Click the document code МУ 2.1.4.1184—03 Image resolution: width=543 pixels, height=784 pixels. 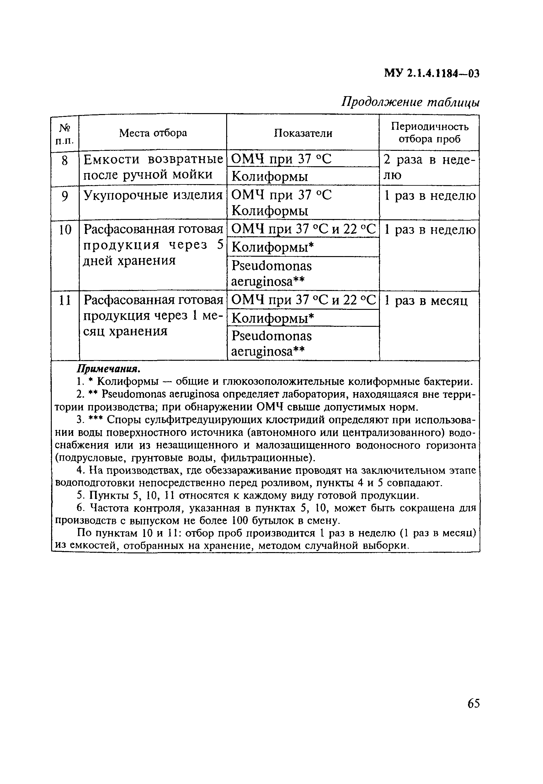click(x=431, y=73)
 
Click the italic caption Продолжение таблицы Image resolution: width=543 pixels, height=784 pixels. click(x=410, y=102)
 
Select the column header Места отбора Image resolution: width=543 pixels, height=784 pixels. click(x=153, y=133)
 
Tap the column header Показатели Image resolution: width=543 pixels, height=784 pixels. click(x=303, y=133)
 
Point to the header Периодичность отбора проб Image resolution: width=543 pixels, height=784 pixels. click(x=429, y=133)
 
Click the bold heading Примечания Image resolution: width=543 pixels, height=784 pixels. click(x=109, y=369)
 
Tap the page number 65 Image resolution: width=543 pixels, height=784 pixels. click(x=473, y=703)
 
